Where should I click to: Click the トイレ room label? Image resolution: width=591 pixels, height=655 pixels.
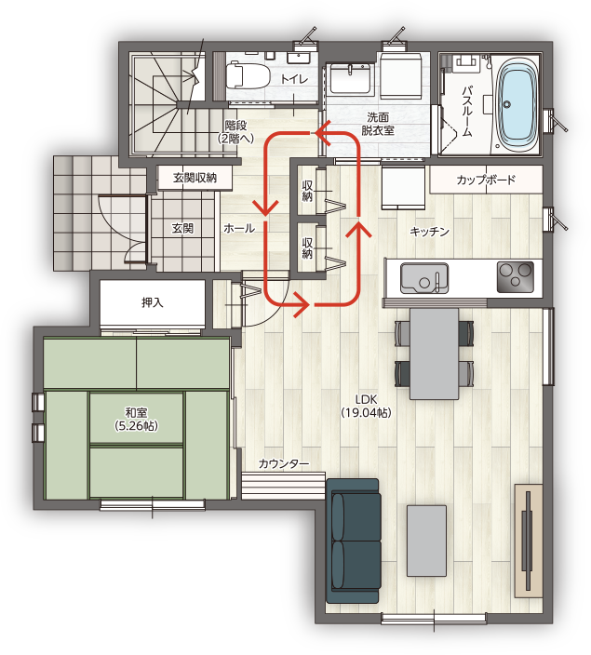point(294,78)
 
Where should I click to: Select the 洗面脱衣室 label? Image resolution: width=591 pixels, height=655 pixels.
point(378,124)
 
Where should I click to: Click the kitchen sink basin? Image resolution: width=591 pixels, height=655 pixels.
point(424,278)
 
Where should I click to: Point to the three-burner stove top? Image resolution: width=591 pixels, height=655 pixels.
point(515,277)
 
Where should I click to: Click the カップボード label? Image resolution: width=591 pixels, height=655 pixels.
point(486,180)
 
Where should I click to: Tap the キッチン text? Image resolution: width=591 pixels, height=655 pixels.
point(429,232)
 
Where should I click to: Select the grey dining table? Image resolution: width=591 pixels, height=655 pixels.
point(434,354)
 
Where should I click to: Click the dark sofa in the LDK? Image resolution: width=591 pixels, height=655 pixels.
point(354,541)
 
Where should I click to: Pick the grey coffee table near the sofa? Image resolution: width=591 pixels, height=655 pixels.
point(427,541)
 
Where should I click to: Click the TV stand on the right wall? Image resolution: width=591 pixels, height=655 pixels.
point(529,541)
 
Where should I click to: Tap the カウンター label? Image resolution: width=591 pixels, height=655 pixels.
point(284,463)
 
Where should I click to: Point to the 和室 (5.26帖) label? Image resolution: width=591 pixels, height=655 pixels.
point(136,419)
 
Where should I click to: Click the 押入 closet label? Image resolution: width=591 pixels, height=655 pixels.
point(152,302)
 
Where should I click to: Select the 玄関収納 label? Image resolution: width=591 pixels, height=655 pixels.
point(195,178)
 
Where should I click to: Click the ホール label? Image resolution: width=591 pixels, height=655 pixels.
point(239,228)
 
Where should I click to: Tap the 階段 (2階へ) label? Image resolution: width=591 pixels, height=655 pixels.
point(235,131)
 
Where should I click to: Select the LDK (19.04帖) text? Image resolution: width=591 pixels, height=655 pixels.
point(366,406)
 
